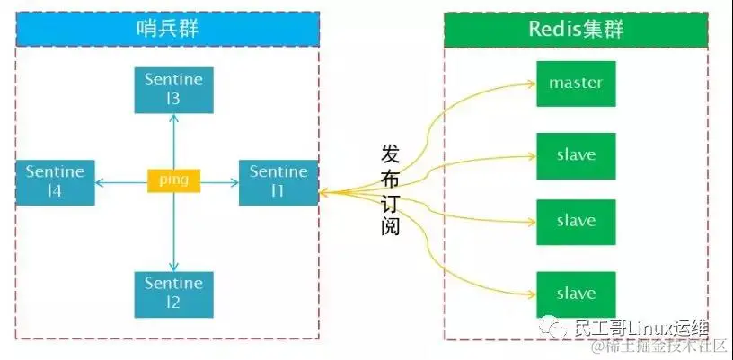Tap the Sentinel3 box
point(173,89)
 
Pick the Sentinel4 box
point(55,180)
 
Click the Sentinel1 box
point(278,180)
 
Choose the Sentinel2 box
point(173,294)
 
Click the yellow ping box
point(173,180)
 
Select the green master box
point(576,83)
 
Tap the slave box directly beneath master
point(576,154)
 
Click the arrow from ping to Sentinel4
point(121,180)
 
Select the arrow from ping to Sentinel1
point(219,180)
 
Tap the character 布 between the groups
point(391,179)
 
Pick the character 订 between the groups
point(391,202)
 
